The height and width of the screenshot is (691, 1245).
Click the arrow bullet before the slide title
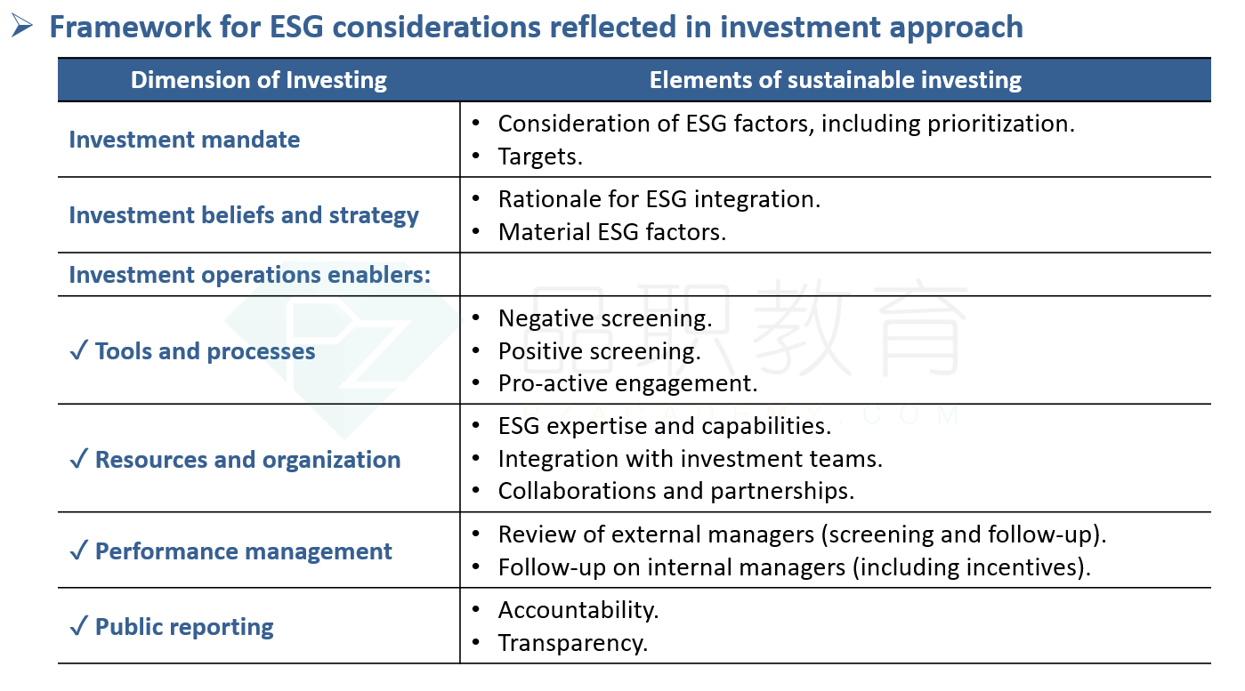click(x=21, y=26)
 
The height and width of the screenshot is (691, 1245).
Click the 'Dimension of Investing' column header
click(x=258, y=80)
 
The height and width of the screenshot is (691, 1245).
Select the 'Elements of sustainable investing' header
click(x=836, y=80)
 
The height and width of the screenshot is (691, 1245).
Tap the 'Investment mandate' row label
click(x=184, y=140)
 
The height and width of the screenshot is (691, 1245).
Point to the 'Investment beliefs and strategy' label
click(x=244, y=215)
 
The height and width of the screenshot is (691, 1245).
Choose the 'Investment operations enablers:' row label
click(x=249, y=275)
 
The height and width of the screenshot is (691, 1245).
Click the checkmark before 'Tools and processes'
click(x=78, y=350)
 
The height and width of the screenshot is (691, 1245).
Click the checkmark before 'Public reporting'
click(x=78, y=626)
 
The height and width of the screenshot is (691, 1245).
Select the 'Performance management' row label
click(x=244, y=551)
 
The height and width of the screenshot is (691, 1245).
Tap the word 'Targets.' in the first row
click(x=539, y=157)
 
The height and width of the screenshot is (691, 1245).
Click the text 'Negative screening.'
click(x=605, y=318)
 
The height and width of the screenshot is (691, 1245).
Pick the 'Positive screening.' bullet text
click(x=599, y=351)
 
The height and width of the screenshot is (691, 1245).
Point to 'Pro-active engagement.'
click(x=627, y=383)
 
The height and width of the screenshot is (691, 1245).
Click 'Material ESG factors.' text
click(x=612, y=232)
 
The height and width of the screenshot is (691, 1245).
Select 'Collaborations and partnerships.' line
click(x=675, y=491)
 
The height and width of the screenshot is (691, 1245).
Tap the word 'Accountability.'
click(x=578, y=610)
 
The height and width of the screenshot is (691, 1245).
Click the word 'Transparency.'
click(x=572, y=643)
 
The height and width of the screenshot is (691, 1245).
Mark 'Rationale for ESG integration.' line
click(x=659, y=199)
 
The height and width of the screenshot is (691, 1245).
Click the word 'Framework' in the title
click(x=130, y=27)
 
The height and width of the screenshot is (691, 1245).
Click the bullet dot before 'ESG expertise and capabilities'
click(x=476, y=426)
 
